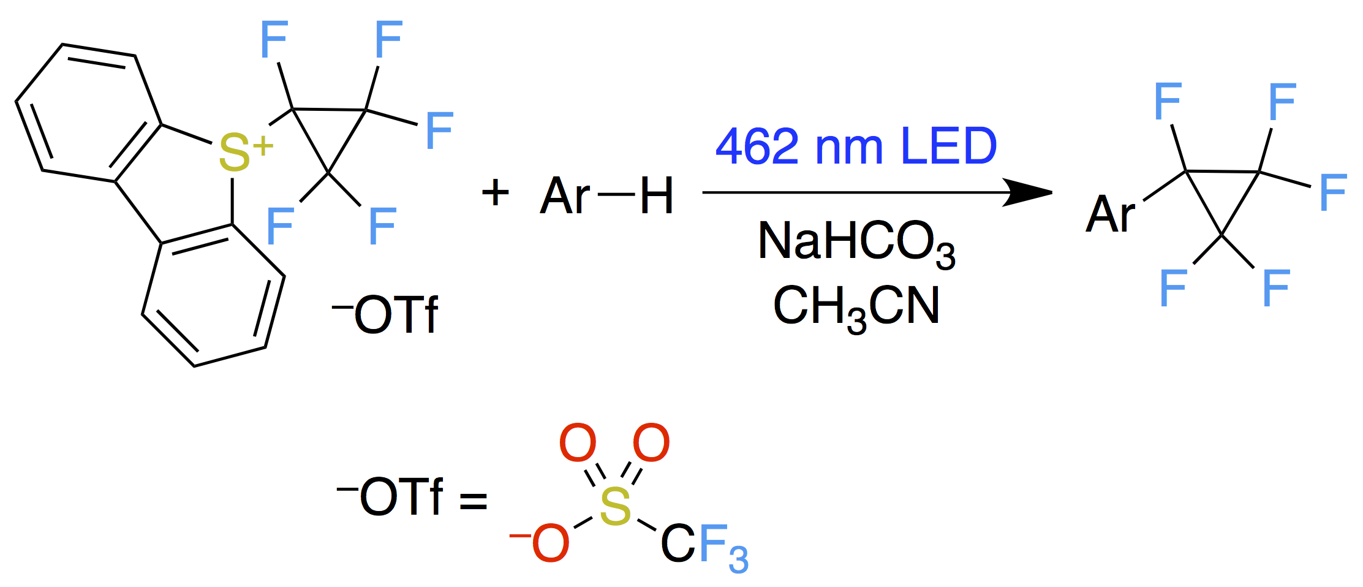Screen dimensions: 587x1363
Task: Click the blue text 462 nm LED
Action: point(856,147)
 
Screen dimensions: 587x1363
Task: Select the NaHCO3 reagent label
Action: point(856,242)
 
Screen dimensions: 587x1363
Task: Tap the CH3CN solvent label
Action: point(856,306)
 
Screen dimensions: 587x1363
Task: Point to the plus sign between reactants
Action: point(495,193)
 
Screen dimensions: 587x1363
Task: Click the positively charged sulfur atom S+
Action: point(236,153)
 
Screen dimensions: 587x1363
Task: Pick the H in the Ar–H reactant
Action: point(656,196)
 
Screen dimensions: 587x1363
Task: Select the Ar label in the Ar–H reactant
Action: point(564,196)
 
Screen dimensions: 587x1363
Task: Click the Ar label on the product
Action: point(1109,214)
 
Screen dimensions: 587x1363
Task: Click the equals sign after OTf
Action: point(474,501)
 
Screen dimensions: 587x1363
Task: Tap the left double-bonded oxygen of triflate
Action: point(578,442)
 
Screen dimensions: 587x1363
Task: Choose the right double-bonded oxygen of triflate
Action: point(651,442)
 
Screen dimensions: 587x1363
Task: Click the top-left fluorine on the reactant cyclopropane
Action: point(274,40)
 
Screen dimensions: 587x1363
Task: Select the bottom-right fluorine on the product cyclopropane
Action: point(1276,288)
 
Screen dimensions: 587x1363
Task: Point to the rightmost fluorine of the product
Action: point(1333,192)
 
